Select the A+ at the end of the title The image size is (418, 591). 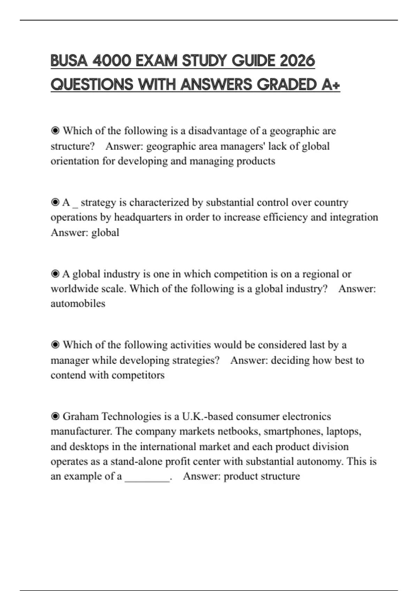pyautogui.click(x=331, y=84)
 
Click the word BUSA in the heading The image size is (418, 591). pyautogui.click(x=69, y=61)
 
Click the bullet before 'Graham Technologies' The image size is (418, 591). pyautogui.click(x=55, y=416)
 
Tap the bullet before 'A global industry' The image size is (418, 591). pyautogui.click(x=55, y=274)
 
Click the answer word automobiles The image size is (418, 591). pyautogui.click(x=78, y=303)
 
